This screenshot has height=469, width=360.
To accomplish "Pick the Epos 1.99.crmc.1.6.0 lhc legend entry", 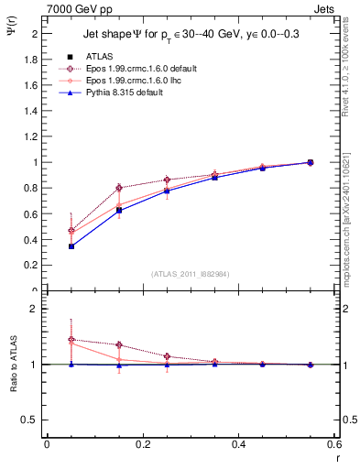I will click(131, 81).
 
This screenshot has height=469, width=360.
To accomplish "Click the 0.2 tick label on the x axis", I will click(142, 444).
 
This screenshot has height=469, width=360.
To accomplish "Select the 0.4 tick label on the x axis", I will click(238, 444).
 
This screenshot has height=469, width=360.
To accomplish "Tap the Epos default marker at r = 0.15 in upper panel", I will click(119, 188).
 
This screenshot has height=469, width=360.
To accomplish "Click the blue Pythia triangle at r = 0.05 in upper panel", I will click(71, 245).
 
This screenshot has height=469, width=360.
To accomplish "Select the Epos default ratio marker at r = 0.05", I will click(71, 340).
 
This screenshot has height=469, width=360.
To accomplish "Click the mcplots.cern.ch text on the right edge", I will click(352, 229).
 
